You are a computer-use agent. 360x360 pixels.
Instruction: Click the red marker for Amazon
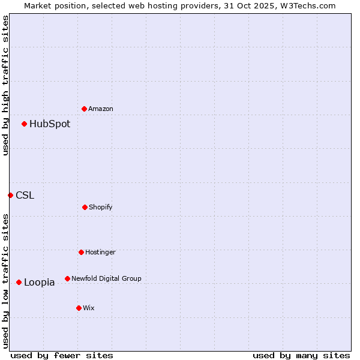click(85, 109)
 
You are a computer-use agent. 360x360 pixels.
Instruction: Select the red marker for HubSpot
click(25, 124)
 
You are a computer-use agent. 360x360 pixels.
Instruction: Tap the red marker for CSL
click(10, 195)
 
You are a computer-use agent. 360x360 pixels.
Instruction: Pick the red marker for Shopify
click(85, 207)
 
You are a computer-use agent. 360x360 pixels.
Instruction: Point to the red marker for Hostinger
click(81, 252)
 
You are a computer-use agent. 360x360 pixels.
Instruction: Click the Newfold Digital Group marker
click(67, 278)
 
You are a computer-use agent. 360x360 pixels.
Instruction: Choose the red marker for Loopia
click(19, 282)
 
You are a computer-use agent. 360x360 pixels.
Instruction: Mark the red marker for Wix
click(79, 308)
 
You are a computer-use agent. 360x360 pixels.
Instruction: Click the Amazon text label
click(101, 109)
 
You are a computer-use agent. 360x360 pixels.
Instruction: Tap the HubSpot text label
click(50, 124)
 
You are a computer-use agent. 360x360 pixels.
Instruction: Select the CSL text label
click(25, 195)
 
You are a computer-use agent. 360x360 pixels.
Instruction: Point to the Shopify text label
click(101, 207)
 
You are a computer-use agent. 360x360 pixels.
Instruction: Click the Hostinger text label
click(100, 252)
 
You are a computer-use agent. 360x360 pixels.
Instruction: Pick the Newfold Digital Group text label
click(106, 278)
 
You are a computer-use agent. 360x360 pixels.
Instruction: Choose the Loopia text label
click(40, 282)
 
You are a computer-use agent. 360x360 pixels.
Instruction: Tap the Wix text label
click(89, 308)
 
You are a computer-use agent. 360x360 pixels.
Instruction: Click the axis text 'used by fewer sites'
click(62, 355)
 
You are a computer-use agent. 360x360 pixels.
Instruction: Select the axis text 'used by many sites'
click(301, 355)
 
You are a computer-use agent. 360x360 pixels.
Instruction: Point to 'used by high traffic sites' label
click(5, 85)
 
